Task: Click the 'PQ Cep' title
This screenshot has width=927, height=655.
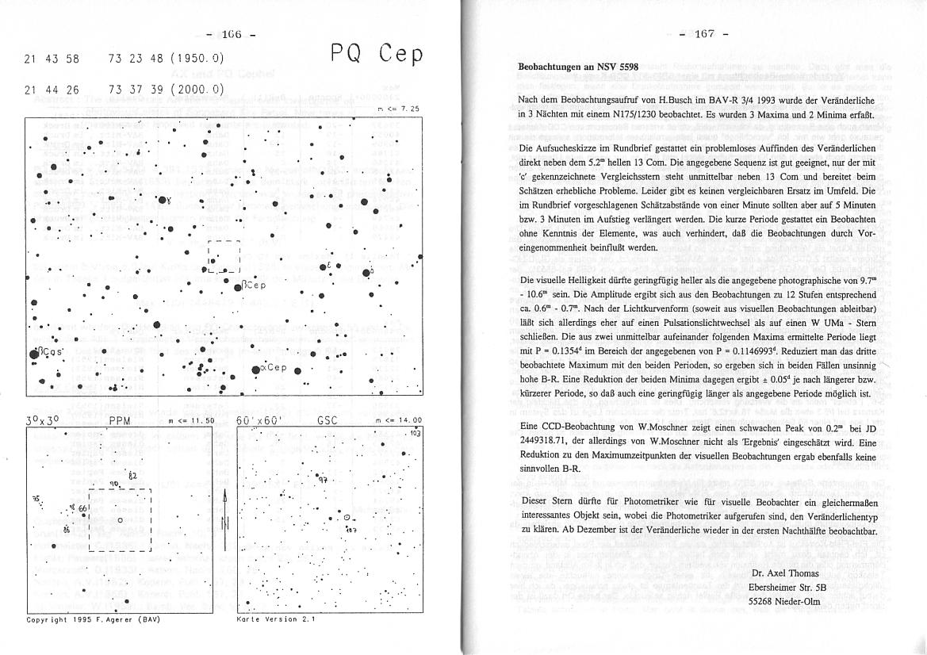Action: [377, 53]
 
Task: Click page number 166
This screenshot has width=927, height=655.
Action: [232, 34]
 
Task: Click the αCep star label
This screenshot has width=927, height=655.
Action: [274, 368]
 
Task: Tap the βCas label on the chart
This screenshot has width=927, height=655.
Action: [48, 353]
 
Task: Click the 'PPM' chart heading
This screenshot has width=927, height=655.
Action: [120, 421]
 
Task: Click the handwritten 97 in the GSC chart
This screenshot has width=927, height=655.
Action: [324, 480]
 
